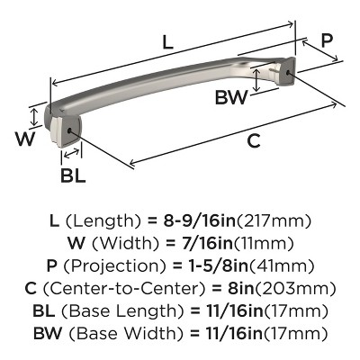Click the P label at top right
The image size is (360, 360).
(x=327, y=40)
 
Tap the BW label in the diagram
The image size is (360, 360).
(x=232, y=96)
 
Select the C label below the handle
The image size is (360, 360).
(x=254, y=140)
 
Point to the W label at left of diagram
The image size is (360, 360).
(x=25, y=138)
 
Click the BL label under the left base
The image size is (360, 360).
(x=73, y=175)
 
